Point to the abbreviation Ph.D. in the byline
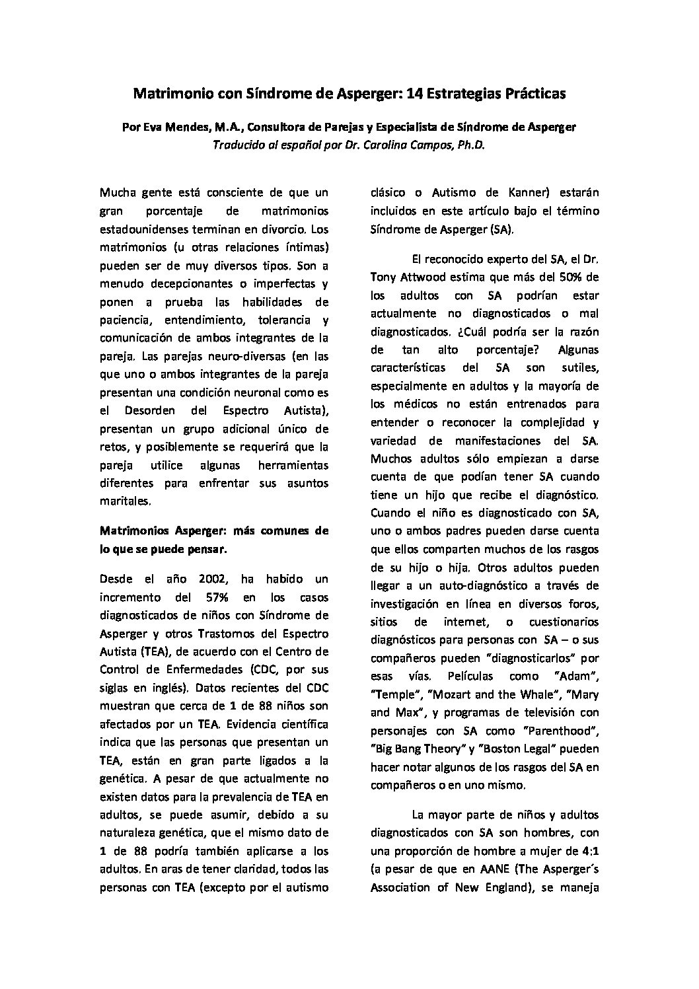[471, 146]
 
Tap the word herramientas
[293, 466]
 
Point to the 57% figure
[210, 597]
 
